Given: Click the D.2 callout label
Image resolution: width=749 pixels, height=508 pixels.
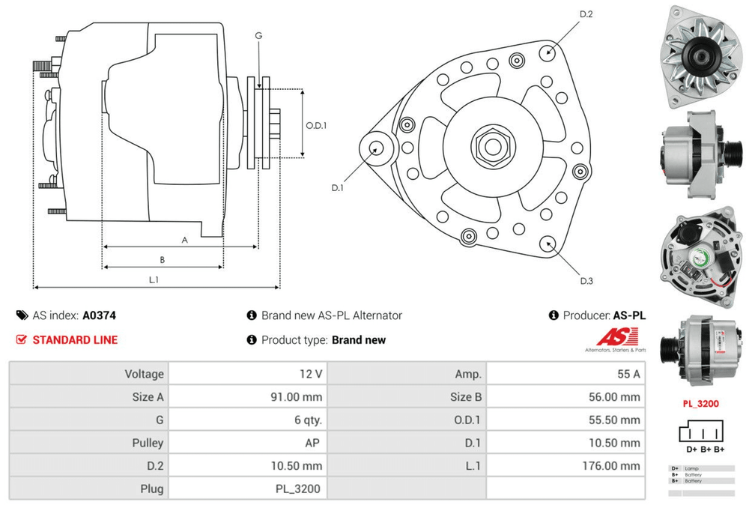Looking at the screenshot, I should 586,14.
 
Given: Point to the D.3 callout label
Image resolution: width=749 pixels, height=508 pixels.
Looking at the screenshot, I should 586,281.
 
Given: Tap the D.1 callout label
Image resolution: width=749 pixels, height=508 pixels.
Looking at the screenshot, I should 337,188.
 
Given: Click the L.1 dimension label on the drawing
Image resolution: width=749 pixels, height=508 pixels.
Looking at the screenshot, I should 154,279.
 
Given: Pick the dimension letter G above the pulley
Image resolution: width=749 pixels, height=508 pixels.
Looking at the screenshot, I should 258,35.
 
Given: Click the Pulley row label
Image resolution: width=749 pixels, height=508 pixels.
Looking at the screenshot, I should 146,443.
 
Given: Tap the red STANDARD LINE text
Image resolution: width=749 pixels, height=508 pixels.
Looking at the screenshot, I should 75,339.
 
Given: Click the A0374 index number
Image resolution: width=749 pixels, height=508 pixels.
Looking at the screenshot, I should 99,315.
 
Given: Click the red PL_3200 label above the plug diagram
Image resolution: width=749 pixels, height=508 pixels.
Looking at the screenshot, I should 700,404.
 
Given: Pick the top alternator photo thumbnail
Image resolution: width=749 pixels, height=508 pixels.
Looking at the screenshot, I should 700,54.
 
